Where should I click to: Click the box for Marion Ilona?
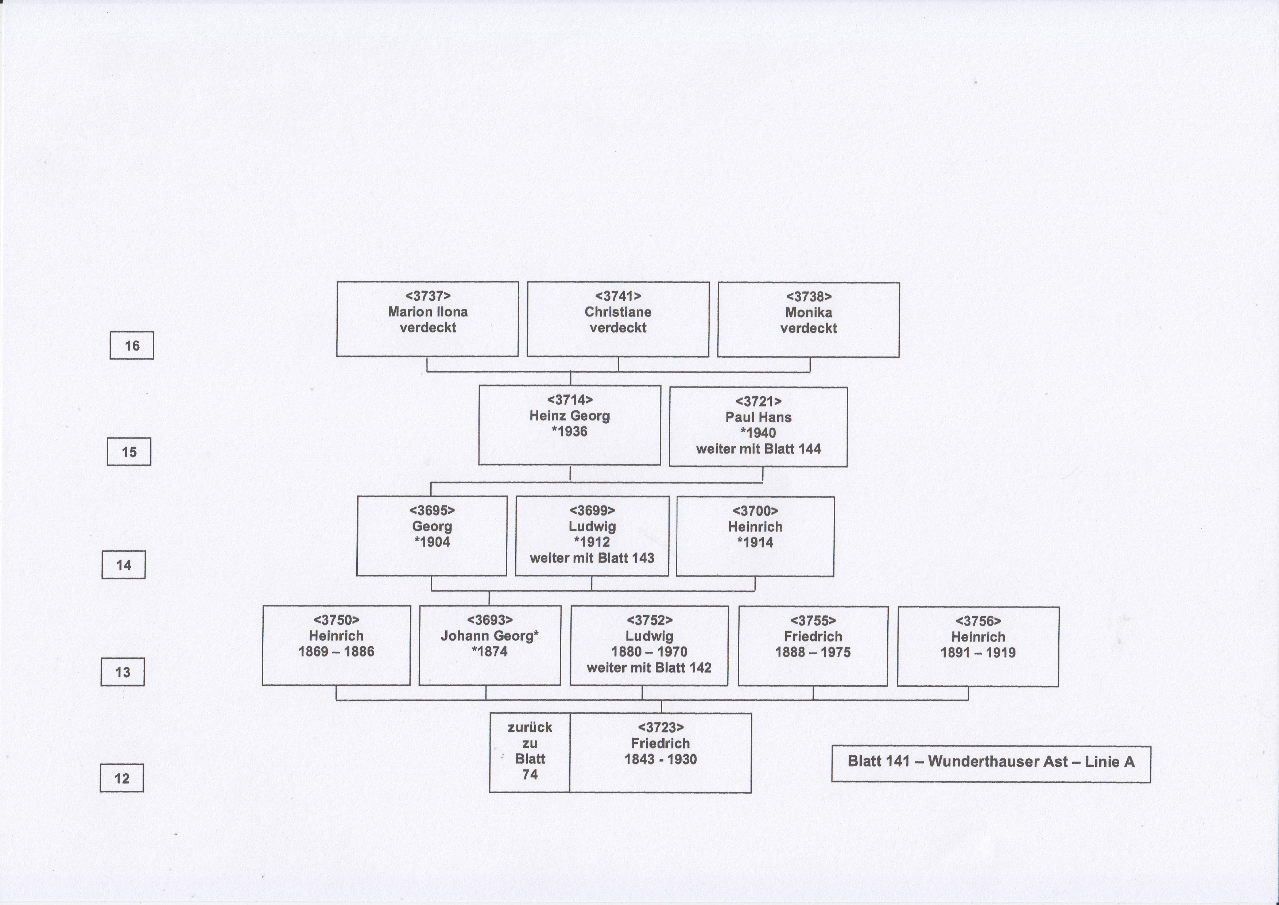coord(427,319)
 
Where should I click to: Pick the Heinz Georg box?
coord(569,425)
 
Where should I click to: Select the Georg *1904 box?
coord(432,536)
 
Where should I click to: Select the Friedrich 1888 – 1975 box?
coord(813,646)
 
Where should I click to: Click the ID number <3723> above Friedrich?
coord(661,728)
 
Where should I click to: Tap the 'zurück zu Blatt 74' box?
coord(530,753)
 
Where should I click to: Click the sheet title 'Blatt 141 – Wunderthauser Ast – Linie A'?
coord(991,762)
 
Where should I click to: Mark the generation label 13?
coord(123,672)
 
